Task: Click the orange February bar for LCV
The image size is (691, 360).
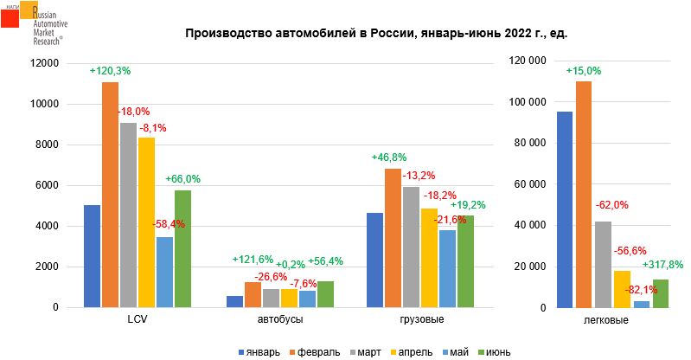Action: (110, 195)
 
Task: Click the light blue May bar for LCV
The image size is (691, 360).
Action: (164, 272)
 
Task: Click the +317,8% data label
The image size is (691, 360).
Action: (663, 265)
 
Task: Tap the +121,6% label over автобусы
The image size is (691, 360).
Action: (253, 260)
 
